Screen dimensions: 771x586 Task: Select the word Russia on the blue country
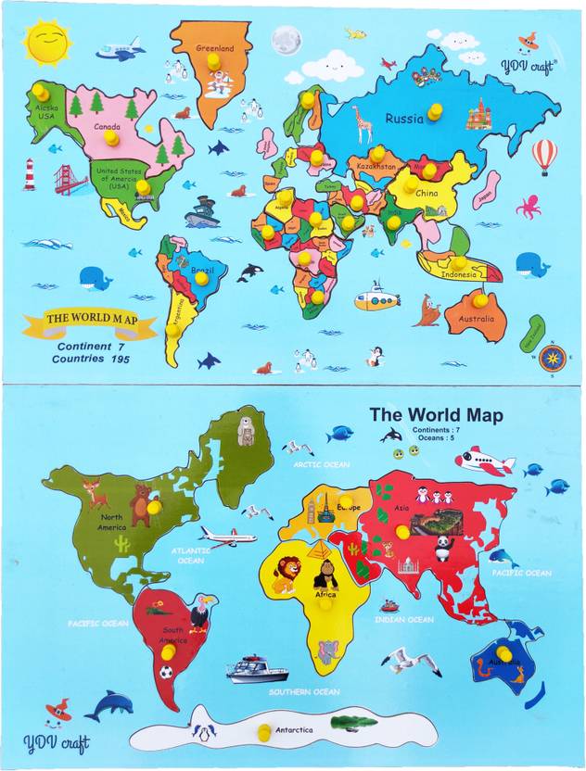point(404,119)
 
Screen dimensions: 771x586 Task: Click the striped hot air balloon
point(544,156)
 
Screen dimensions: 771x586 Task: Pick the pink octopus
point(529,206)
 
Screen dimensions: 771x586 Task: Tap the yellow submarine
point(376,299)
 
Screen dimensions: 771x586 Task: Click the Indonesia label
point(459,274)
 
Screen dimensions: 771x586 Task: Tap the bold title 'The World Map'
point(436,415)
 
